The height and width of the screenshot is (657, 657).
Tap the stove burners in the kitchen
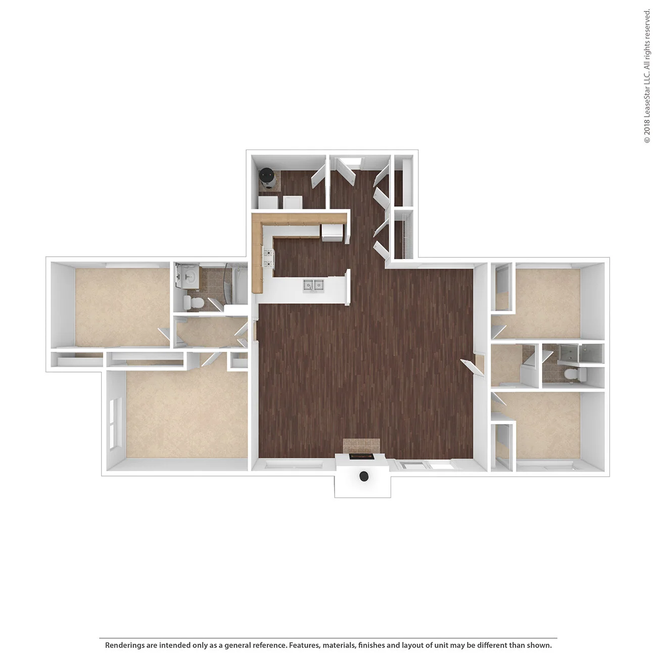[x=267, y=258]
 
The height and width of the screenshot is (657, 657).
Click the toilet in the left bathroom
[x=194, y=303]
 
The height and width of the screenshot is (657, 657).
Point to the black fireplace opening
[x=361, y=457]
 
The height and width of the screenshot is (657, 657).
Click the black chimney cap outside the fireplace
[x=363, y=476]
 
